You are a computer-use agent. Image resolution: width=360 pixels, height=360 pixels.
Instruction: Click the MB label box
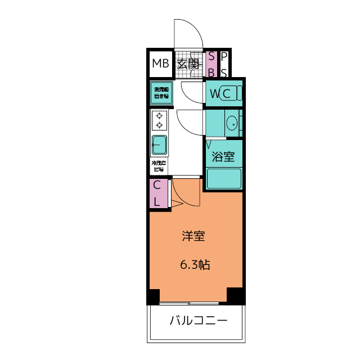(x=160, y=64)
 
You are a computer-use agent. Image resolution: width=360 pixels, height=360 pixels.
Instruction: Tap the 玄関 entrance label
(x=188, y=64)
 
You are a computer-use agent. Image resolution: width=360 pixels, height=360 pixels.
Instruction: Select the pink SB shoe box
(x=211, y=64)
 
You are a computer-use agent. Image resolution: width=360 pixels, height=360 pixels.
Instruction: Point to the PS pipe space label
(x=224, y=64)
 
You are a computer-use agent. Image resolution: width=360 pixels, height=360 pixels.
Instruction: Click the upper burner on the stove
(x=160, y=116)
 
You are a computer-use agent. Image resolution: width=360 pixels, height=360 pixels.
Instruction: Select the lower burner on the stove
(x=160, y=125)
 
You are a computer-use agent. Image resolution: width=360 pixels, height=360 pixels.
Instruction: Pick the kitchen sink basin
(x=159, y=146)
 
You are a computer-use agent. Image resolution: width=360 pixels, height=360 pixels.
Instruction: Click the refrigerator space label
(x=159, y=166)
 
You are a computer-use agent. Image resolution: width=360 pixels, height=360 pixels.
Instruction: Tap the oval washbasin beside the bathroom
(x=231, y=122)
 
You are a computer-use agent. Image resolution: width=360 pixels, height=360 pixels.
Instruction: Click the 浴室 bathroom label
(x=223, y=157)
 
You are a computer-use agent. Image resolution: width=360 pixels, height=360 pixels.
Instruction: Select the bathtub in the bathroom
(x=223, y=179)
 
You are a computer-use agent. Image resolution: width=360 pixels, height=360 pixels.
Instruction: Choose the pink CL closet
(x=158, y=193)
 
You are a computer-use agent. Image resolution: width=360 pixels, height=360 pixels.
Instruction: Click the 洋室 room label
(x=193, y=236)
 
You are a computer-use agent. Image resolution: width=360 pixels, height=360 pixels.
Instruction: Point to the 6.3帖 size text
(x=195, y=264)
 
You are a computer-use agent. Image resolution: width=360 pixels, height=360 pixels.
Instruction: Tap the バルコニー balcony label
(x=199, y=321)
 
